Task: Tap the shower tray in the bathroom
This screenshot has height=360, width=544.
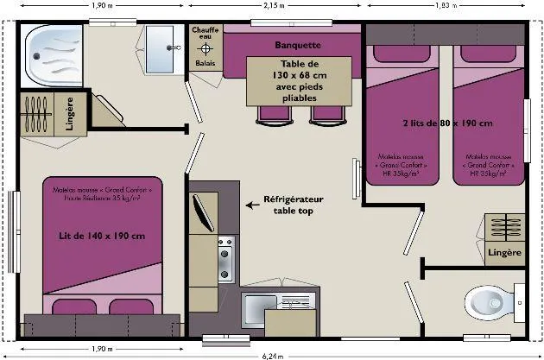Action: (x=53, y=58)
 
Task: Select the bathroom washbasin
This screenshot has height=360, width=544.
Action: (x=159, y=46)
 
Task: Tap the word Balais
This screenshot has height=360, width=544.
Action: (x=205, y=63)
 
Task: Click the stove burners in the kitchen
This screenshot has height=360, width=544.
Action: (x=225, y=258)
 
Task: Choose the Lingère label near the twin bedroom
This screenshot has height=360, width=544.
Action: (x=504, y=253)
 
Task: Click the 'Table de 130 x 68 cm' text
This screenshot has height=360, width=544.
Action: (x=299, y=81)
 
